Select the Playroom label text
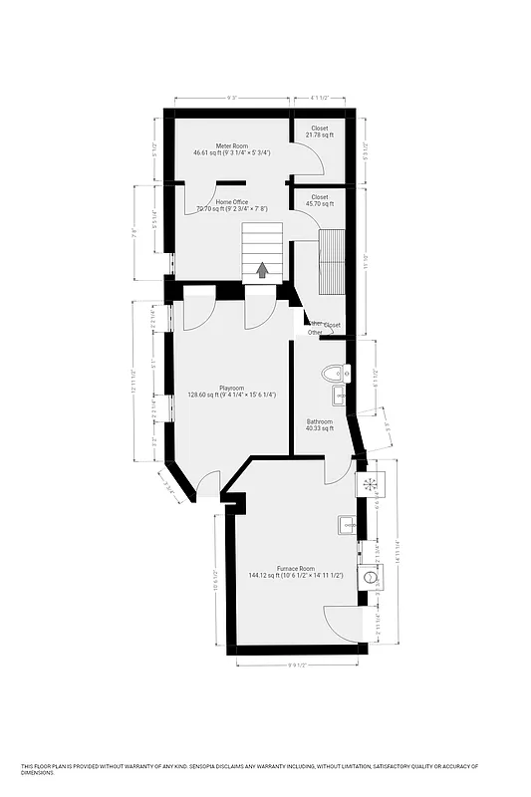coord(232,388)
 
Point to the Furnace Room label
coord(295,568)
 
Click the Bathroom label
coord(319,421)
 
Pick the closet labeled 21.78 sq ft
coord(319,129)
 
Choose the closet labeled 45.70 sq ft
coord(319,197)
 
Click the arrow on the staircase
coord(263,269)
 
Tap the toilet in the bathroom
coord(335,375)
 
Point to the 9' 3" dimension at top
coord(232,98)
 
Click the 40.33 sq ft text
coord(319,428)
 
